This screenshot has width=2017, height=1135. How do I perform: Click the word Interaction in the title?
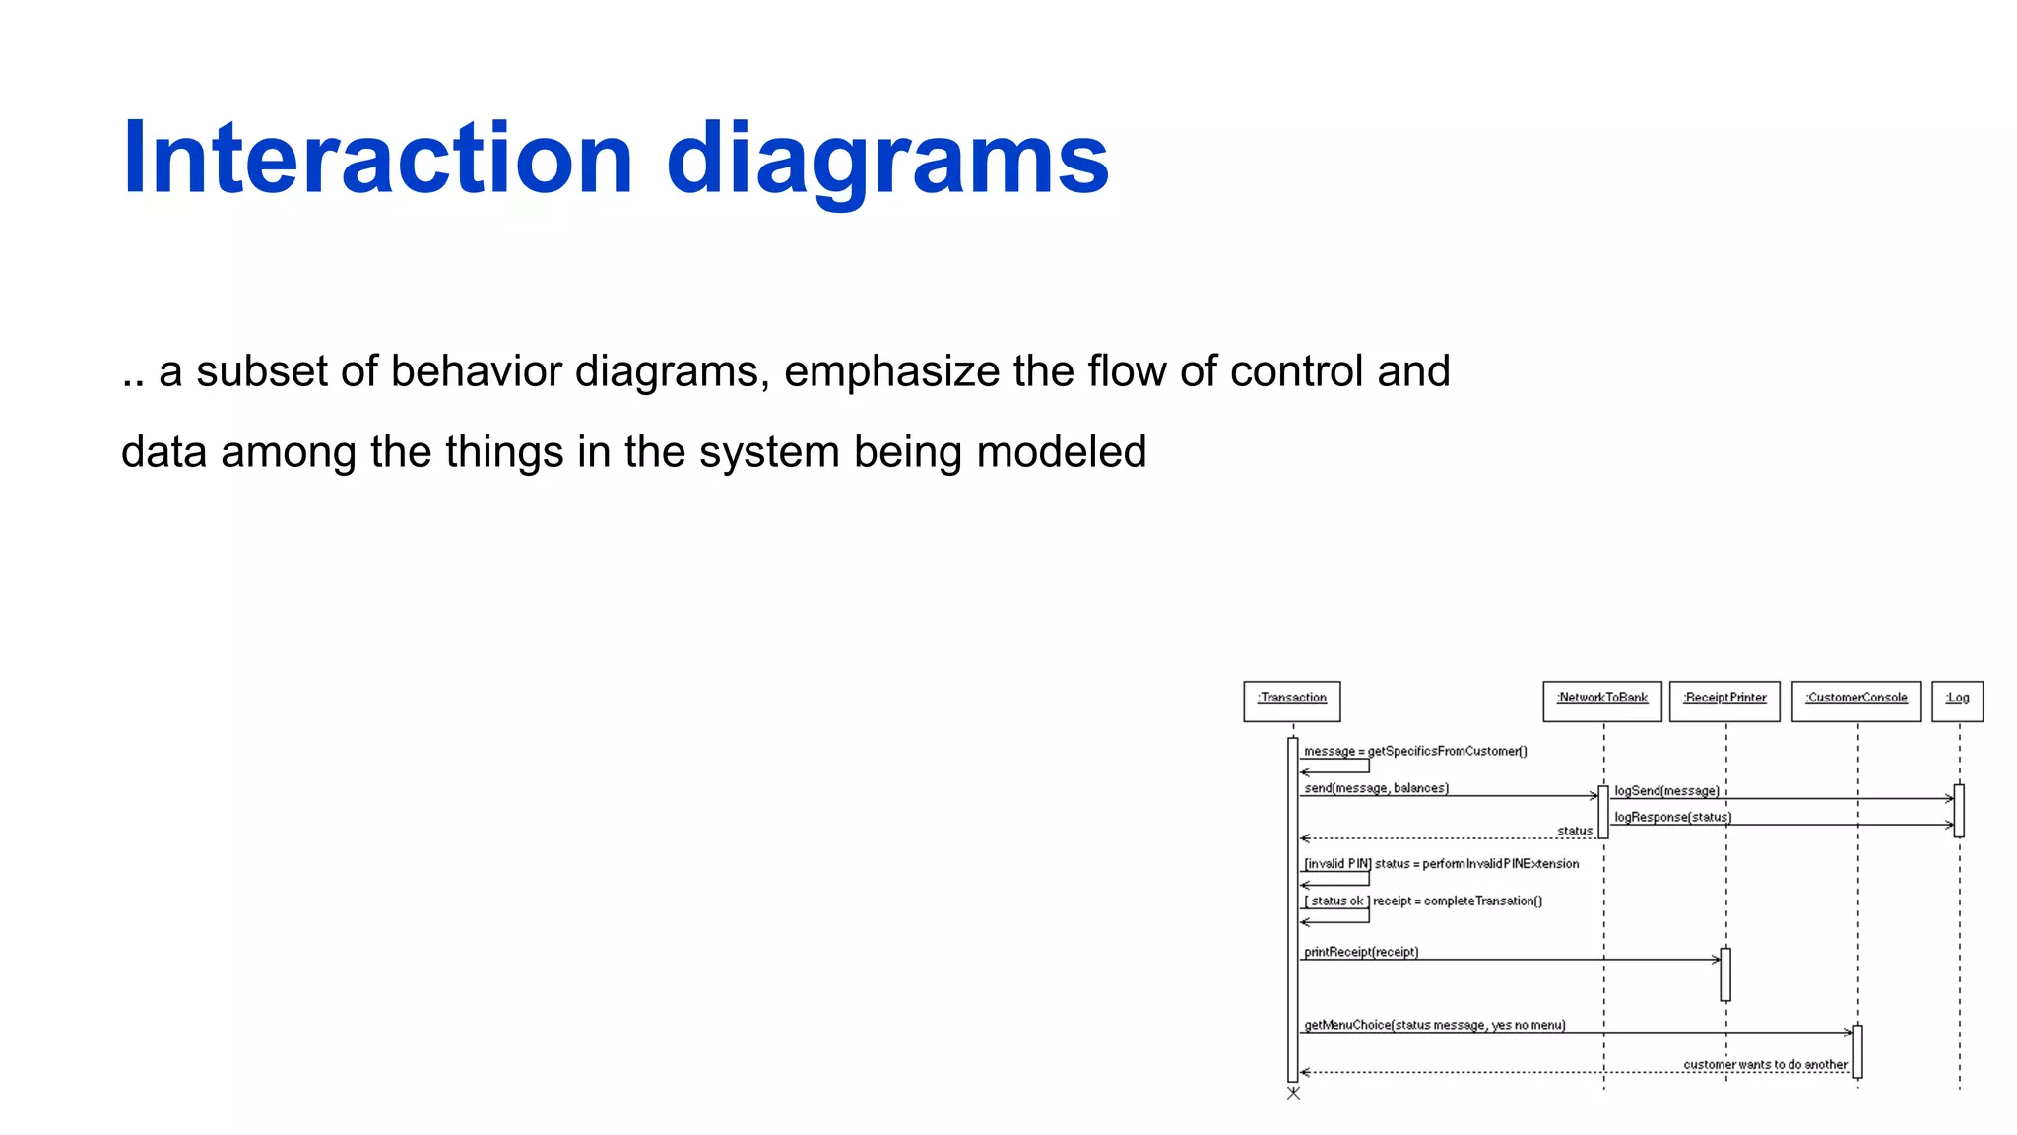(378, 159)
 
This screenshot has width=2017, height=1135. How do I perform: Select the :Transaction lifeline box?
(1291, 701)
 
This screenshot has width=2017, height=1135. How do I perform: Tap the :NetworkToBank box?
(1601, 701)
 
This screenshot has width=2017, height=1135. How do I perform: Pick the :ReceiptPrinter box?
(1724, 701)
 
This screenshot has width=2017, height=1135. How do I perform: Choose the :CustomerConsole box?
(1855, 701)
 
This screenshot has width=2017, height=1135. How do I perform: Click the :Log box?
(1957, 701)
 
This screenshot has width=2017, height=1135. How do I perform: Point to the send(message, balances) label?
(1376, 788)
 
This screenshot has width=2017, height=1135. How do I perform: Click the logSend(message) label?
(1666, 791)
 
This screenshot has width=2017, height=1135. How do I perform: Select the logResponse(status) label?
(1672, 817)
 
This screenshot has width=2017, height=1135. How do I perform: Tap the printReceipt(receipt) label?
(1361, 952)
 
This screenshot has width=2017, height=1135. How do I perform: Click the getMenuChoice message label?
(1434, 1025)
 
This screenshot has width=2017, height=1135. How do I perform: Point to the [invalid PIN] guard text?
(1336, 864)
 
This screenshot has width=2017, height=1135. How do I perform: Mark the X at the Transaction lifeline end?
(1293, 1093)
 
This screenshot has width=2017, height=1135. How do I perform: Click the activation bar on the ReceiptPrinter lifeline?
(1725, 974)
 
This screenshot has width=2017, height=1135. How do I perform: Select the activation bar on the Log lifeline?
(1959, 811)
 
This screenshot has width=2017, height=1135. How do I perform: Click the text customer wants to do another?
(1765, 1064)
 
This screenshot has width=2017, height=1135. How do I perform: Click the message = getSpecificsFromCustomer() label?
(1415, 751)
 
